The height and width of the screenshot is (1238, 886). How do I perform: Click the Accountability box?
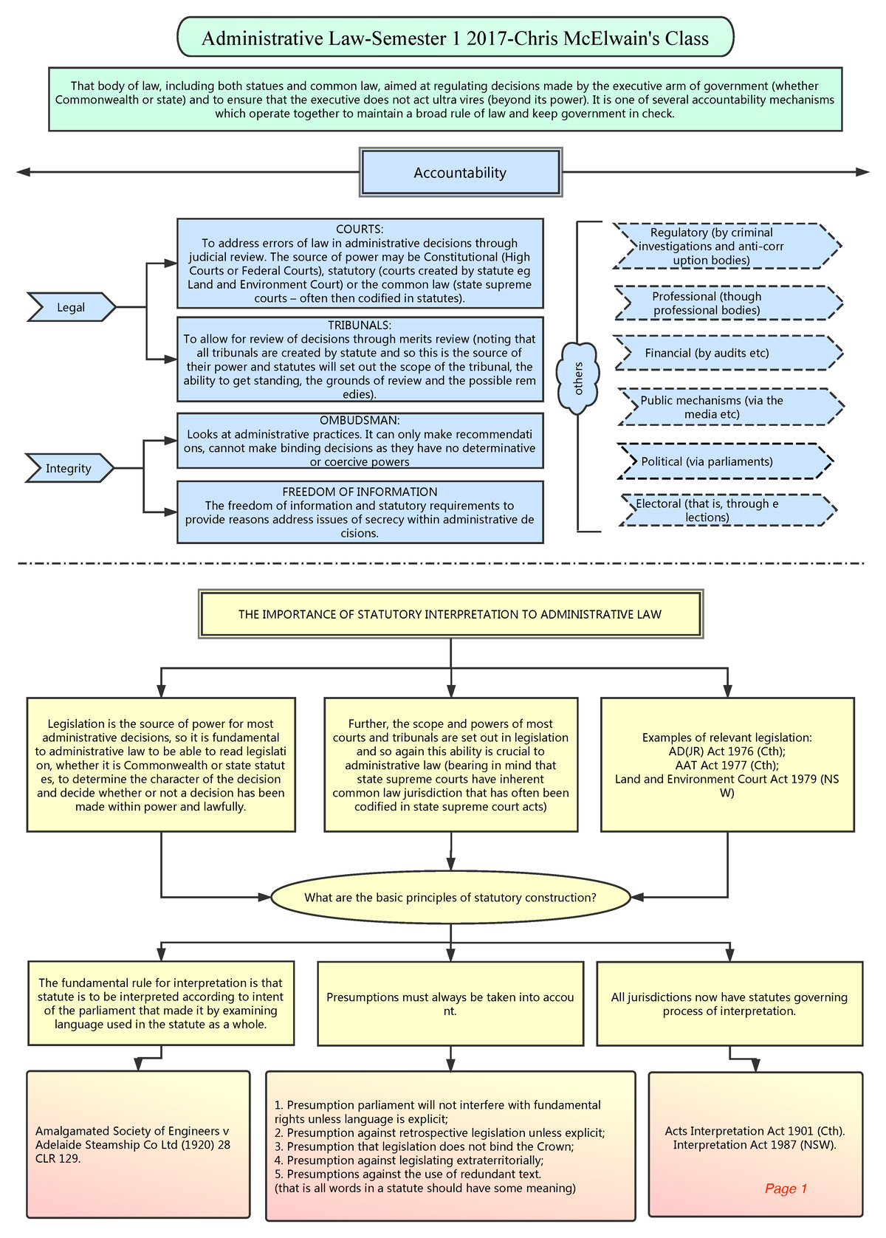coord(460,173)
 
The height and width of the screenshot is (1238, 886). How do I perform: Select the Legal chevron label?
coord(71,307)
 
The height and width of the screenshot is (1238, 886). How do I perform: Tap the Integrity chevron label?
coord(69,468)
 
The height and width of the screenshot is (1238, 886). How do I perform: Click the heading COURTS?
coord(360,230)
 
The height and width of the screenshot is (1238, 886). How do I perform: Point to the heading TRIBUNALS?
coord(360,325)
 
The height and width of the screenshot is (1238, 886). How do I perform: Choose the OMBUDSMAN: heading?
coord(360,420)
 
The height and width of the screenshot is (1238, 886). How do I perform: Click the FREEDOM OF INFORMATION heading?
coord(360,492)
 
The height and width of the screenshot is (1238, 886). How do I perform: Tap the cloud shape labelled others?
coord(578,378)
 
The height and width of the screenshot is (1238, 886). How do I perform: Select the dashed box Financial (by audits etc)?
coord(727,353)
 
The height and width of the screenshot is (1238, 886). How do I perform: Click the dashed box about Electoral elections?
coord(727,510)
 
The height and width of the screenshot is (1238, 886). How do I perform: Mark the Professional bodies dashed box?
coord(727,303)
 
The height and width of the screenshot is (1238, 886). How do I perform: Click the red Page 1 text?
coord(786,1188)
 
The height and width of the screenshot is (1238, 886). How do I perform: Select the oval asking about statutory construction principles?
coord(450,898)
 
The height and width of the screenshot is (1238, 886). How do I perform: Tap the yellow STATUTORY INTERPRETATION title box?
coord(450,613)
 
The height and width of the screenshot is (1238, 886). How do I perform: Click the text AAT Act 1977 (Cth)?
coord(727,765)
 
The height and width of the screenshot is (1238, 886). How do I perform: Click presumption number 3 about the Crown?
coord(424,1146)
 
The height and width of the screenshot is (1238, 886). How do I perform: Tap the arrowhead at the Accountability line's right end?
coord(862,172)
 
